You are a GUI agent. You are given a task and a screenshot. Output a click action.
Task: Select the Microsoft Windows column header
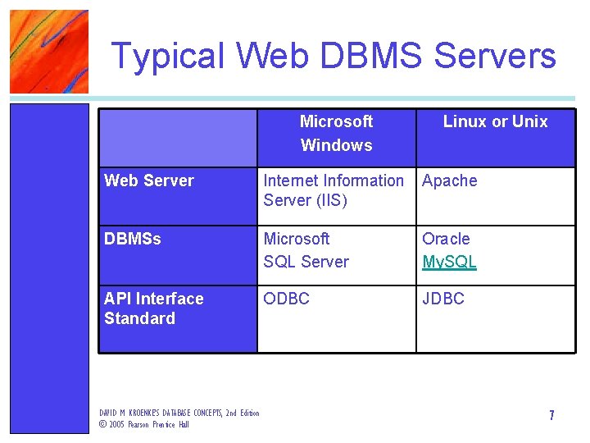coord(336,133)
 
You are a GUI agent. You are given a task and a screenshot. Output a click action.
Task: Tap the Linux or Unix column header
coord(495,121)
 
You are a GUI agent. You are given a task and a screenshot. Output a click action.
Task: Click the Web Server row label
coord(149,180)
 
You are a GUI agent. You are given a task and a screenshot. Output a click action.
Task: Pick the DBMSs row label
coord(133,239)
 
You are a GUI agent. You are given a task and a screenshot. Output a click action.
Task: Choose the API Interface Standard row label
coord(153,308)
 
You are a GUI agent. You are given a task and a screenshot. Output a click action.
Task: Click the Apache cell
coord(449,180)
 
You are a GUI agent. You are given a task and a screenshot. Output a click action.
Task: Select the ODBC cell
coord(286,299)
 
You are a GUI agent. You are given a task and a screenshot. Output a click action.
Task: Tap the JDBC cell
coord(442,299)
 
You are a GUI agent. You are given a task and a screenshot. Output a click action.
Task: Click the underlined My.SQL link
coord(449,262)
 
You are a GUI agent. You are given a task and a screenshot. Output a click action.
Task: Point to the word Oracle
coord(446,239)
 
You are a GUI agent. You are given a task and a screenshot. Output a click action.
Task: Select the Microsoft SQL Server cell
coord(306,250)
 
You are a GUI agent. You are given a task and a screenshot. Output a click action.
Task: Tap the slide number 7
coord(551,415)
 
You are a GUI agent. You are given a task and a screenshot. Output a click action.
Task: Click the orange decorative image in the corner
coord(48,51)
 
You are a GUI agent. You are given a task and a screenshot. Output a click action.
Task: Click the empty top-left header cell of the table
coord(178,138)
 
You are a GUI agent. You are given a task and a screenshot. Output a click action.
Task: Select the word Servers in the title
coord(495,56)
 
